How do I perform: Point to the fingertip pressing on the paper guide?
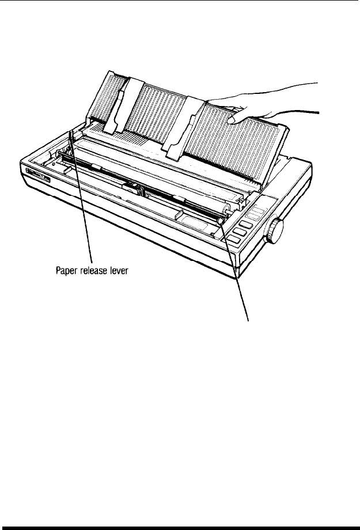pos(232,120)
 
